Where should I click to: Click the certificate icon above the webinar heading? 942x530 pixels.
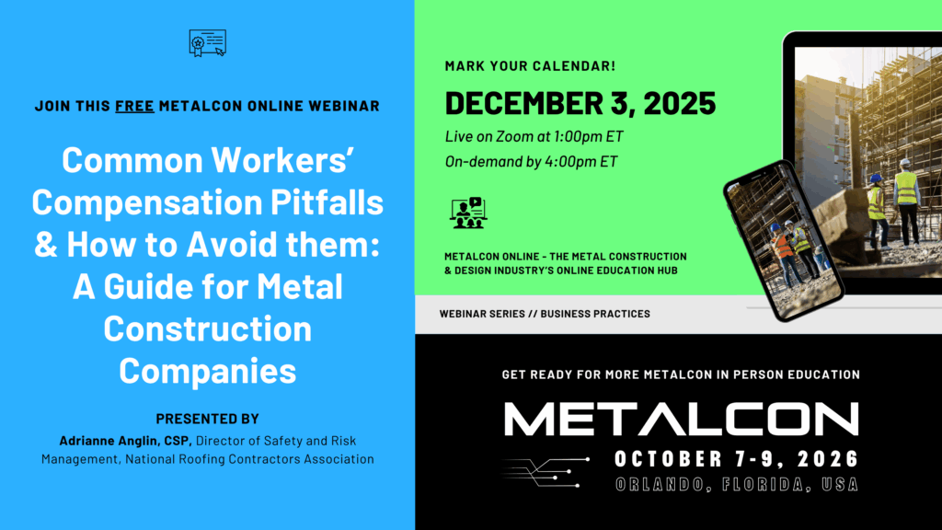coord(207,42)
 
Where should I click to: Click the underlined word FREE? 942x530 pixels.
coord(134,106)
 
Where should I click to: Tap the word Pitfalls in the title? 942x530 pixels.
coord(327,202)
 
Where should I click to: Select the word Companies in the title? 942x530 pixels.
coord(207,371)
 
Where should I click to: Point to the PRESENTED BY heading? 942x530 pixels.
coord(207,419)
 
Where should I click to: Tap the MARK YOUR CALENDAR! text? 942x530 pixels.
coord(531,66)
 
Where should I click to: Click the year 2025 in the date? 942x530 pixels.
coord(680,103)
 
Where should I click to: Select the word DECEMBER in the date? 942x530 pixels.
coord(517,103)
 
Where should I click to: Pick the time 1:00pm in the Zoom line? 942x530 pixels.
coord(578,136)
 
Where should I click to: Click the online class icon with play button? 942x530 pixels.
coord(468,213)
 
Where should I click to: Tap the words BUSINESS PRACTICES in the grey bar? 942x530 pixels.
coord(595,314)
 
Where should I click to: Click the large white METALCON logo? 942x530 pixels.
coord(682,419)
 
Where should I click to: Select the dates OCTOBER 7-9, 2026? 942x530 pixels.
coord(737,459)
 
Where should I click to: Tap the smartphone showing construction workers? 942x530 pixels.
coord(784,240)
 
